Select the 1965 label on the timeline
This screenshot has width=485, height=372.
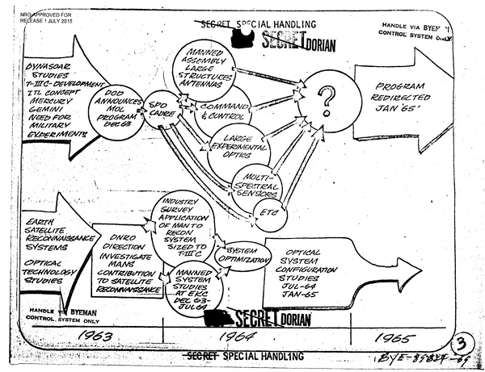(x=407, y=334)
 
